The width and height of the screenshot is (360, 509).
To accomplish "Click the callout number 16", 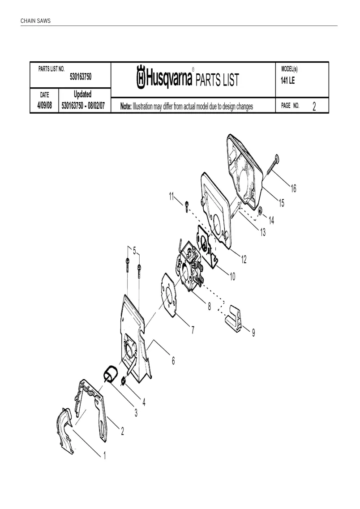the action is (x=293, y=188).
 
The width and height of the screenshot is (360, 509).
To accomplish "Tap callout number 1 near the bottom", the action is (x=104, y=456).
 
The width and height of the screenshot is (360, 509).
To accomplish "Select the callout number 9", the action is (x=253, y=333).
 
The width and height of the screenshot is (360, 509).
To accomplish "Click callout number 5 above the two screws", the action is (x=135, y=251).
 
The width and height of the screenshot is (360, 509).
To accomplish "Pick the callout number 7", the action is (x=193, y=330).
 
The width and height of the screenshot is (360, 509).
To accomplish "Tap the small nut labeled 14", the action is (x=260, y=212).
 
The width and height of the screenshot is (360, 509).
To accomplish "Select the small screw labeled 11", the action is (x=187, y=206).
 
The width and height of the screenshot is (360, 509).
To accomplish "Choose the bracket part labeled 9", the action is (x=233, y=318).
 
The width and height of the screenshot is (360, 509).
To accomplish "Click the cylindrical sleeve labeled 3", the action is (x=110, y=374).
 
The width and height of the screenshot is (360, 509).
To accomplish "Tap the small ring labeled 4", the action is (x=123, y=381).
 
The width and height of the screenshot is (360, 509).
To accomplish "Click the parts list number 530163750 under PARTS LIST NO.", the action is (x=81, y=77).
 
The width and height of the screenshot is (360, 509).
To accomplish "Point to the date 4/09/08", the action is (x=44, y=106).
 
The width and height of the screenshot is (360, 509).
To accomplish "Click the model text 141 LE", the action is (x=287, y=81).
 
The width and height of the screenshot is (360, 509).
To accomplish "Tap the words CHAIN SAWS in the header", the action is (x=35, y=21).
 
